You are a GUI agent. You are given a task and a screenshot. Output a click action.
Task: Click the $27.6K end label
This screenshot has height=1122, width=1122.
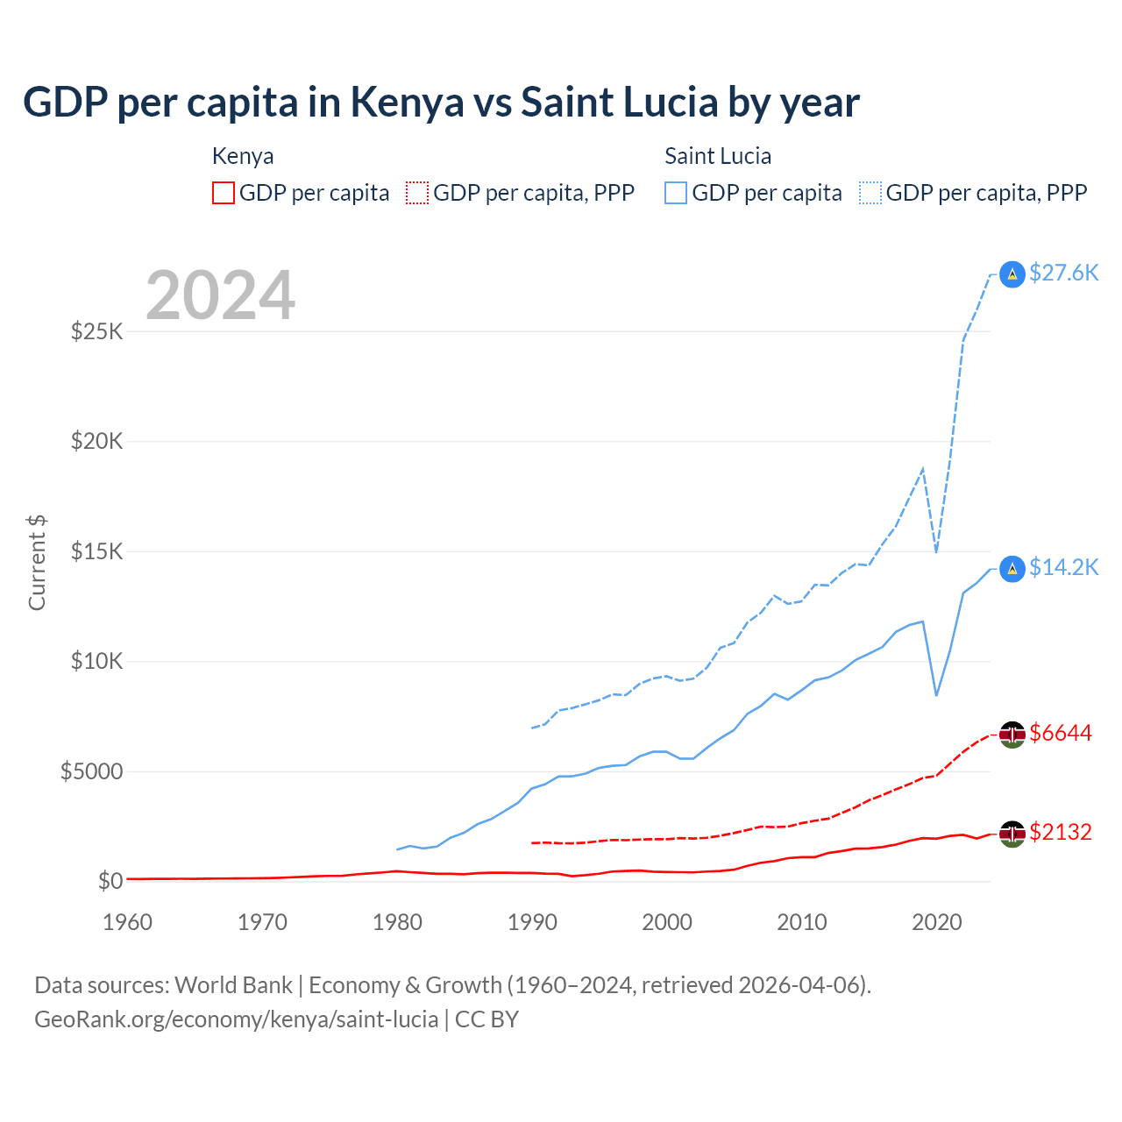point(1063,273)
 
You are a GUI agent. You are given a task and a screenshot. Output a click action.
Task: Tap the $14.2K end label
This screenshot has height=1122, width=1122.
point(1063,567)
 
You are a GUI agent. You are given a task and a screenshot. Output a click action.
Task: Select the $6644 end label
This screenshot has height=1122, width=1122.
point(1061,733)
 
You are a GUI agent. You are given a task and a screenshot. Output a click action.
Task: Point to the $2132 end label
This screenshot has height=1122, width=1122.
point(1061,832)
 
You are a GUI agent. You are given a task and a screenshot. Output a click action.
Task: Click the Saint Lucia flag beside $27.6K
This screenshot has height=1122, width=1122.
point(1012,274)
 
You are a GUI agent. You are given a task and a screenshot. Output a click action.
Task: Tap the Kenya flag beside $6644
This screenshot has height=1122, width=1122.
point(1012,735)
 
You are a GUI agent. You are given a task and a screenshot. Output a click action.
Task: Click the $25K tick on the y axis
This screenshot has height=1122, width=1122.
point(96,331)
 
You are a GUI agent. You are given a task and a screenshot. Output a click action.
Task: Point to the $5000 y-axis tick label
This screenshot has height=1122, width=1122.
point(91,771)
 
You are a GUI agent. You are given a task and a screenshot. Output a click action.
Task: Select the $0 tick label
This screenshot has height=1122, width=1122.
point(110,881)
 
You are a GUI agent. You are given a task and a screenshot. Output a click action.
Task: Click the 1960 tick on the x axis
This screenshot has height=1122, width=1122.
point(127,922)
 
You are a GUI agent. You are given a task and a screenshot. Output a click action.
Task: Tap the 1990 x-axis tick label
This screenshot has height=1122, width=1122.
point(532,922)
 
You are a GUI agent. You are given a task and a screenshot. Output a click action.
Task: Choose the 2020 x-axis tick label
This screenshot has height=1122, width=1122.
point(937,922)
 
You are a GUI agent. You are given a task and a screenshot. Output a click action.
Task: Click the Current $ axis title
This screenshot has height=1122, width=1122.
point(37,563)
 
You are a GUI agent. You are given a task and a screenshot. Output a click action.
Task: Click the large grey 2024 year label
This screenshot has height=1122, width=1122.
point(220,295)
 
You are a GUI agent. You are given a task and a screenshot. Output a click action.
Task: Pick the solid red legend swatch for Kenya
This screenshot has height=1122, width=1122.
point(224,193)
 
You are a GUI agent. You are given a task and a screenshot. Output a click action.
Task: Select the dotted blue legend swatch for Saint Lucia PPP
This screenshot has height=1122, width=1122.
point(870,193)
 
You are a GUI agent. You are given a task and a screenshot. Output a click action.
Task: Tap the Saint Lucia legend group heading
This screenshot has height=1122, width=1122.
point(718,156)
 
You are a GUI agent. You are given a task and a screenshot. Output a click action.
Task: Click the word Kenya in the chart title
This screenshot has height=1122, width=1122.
point(407,102)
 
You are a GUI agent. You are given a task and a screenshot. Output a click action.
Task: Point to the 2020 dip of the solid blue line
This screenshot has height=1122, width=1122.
point(936,695)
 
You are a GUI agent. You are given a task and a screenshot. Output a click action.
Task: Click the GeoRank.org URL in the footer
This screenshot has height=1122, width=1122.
point(237,1019)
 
